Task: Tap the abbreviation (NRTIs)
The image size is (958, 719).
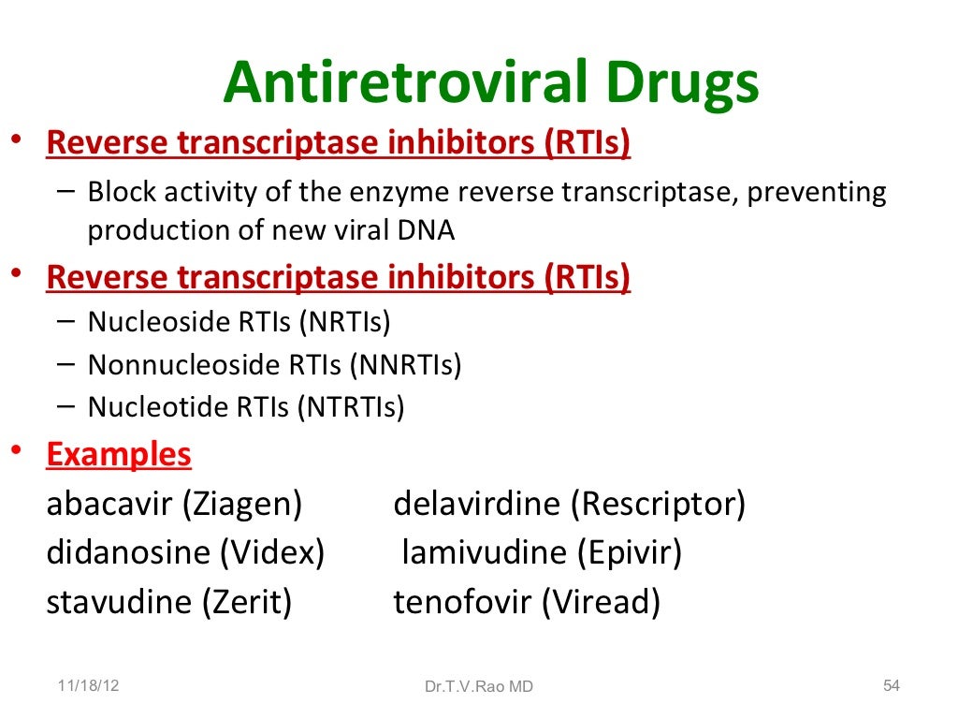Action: tap(343, 322)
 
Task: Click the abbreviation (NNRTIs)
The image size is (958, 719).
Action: tap(405, 364)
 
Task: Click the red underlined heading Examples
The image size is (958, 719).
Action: tap(119, 455)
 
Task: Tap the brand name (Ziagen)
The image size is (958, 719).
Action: tap(242, 506)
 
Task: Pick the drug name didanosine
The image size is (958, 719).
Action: tap(129, 553)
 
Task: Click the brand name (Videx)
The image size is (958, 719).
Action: tap(272, 553)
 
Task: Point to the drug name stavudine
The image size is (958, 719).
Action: tap(120, 602)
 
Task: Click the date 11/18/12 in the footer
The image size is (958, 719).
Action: tap(88, 685)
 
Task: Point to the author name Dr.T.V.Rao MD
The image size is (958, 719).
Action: tap(478, 686)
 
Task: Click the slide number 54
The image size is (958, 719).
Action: tap(892, 685)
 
